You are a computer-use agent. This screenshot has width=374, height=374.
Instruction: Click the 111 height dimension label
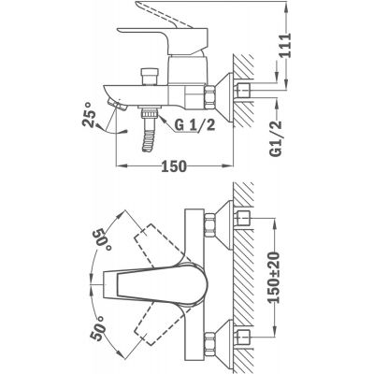pos(285,45)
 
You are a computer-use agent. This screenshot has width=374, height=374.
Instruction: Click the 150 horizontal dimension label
pos(174,166)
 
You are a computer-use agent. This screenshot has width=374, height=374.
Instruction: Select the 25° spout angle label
pos(89,114)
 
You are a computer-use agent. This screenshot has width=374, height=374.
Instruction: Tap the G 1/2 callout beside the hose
pos(195,125)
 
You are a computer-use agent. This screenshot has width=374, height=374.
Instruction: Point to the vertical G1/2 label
pos(276,138)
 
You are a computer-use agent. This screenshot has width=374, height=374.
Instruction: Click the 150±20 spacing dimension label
pos(274,278)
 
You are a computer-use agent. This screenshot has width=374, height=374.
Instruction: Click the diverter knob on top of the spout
pos(150,77)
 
